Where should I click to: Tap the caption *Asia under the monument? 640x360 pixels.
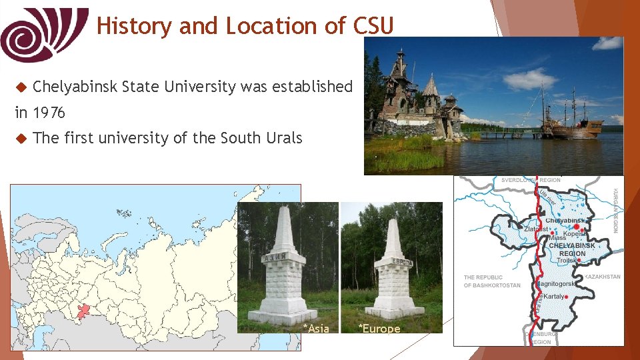coord(315,328)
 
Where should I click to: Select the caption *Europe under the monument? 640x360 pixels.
coord(379,328)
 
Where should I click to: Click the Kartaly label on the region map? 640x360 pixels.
coord(555,296)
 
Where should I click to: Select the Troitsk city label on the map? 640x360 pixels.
coord(567,261)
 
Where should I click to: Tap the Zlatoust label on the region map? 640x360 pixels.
coord(536,229)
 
